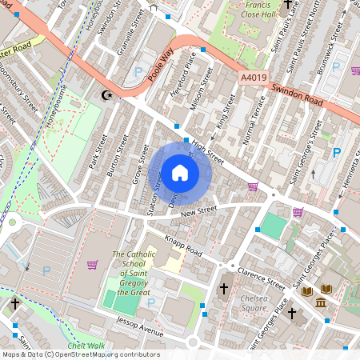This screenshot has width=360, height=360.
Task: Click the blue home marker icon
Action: [180, 173]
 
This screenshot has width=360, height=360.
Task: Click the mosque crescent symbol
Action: [104, 95]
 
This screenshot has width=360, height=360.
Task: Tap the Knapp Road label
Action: [184, 242]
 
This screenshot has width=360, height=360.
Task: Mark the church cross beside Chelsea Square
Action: [223, 289]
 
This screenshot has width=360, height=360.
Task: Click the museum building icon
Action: [320, 303]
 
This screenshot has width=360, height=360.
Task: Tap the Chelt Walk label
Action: [86, 346]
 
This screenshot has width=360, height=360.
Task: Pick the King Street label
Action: [223, 111]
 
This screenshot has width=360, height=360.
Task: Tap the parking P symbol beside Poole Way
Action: [138, 71]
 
